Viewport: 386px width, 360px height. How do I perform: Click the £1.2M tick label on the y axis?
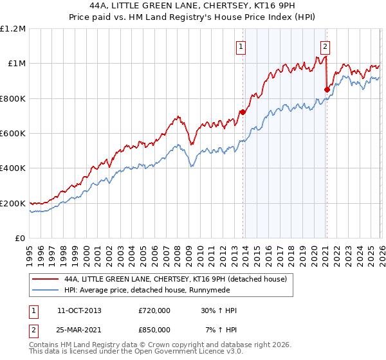coord(14,29)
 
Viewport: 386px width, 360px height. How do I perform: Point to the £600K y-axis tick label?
coord(13,134)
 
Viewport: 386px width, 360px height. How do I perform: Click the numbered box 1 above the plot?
coord(241,46)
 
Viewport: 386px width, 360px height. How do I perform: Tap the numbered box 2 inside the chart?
coord(326,46)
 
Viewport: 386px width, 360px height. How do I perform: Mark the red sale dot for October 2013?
coord(243,113)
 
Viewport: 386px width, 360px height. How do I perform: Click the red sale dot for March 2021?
coord(327,89)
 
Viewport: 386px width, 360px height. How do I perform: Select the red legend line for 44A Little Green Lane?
coord(44,280)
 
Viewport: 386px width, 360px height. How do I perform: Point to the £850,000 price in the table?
coord(154,329)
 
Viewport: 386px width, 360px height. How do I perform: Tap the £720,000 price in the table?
coord(154,310)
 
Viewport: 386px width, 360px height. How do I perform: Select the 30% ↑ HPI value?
coord(219,310)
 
